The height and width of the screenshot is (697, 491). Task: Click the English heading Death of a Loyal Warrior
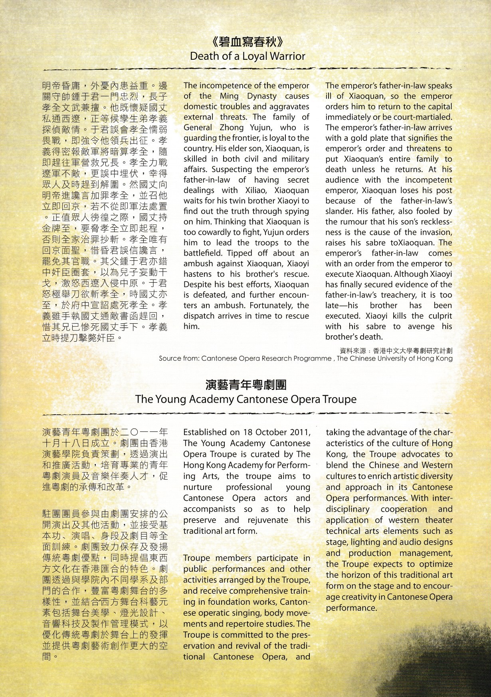(247, 56)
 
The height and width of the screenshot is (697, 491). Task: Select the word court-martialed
(427, 117)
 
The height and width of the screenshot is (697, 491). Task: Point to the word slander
(339, 211)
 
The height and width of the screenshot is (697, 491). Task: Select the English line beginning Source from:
(305, 358)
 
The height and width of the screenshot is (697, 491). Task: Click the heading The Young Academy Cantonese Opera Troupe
(246, 399)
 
